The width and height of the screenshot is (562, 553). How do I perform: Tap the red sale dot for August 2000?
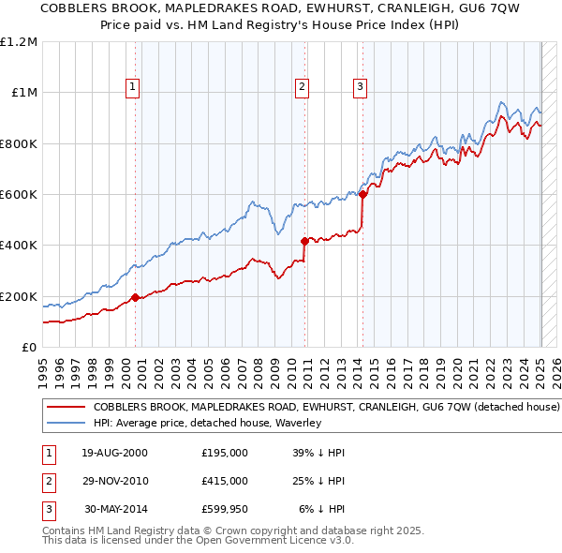135,298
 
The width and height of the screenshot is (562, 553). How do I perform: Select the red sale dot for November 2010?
304,241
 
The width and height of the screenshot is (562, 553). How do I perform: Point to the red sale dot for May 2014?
362,195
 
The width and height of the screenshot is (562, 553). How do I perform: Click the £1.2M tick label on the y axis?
20,42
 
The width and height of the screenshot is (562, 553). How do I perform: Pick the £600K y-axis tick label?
19,195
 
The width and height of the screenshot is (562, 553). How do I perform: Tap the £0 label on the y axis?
29,348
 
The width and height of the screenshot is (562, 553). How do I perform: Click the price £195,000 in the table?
225,453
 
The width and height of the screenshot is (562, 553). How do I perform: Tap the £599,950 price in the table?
225,509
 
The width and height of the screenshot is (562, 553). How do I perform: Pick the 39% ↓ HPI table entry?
318,453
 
